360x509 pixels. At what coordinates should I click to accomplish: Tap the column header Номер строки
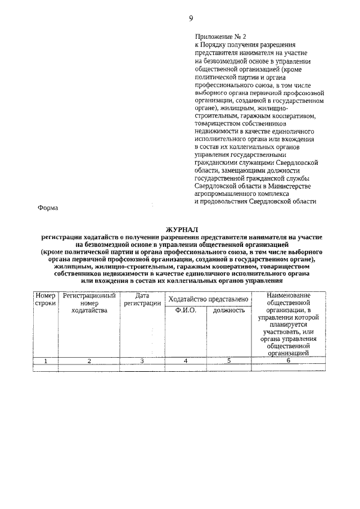point(45,299)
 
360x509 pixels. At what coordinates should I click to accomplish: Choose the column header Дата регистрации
point(142,299)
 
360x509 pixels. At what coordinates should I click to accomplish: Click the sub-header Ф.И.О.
point(186,310)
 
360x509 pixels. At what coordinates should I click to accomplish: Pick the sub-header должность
point(229,310)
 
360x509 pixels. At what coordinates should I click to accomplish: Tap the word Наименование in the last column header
point(288,295)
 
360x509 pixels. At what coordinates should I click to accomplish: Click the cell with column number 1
point(45,361)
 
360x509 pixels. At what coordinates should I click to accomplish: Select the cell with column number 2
point(89,361)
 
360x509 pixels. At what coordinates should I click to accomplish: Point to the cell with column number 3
point(142,361)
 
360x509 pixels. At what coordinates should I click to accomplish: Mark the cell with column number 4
point(186,361)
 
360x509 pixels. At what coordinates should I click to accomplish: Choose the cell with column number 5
point(229,361)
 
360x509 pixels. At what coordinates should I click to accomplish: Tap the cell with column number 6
point(288,361)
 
